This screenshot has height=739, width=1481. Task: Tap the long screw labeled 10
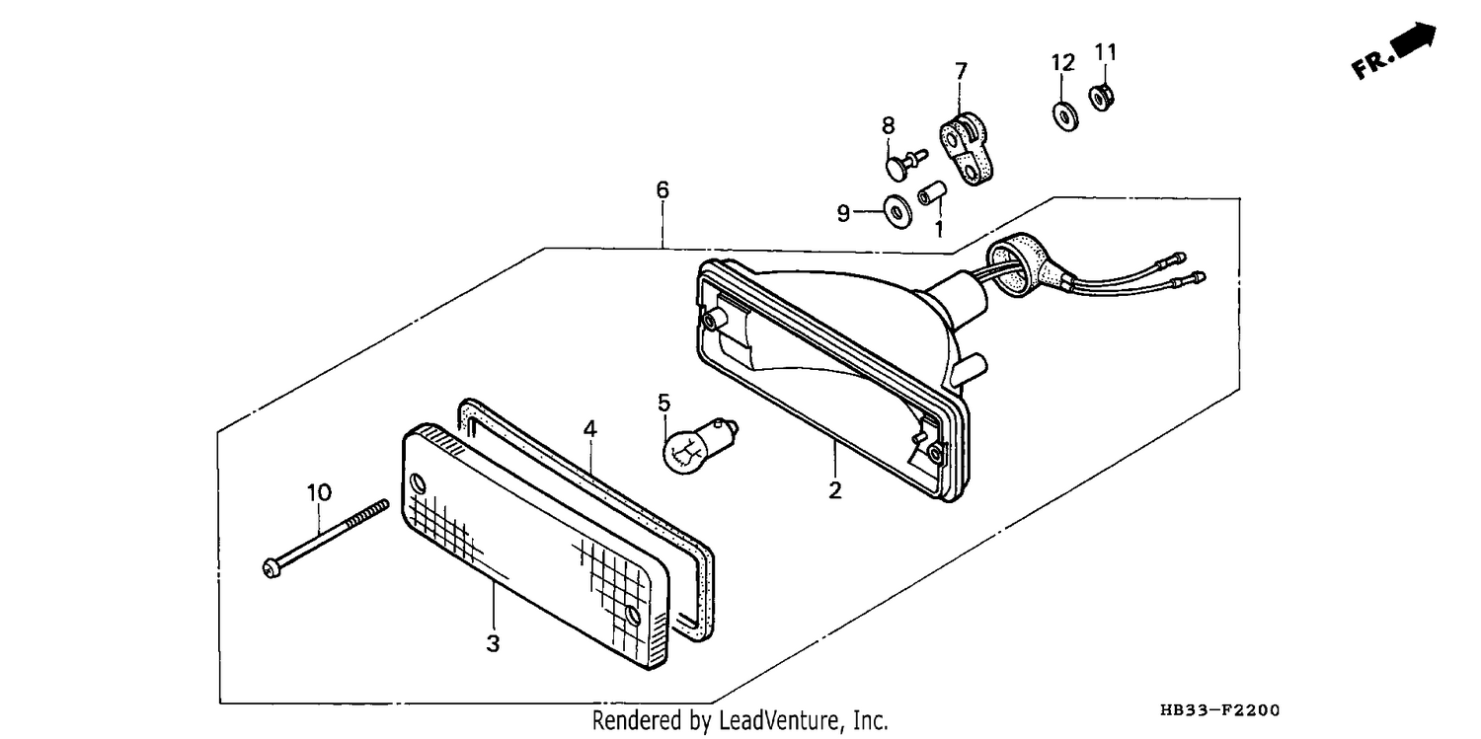(326, 539)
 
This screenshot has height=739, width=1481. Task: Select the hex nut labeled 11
(1102, 98)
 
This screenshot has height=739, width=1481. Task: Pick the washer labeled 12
(1065, 116)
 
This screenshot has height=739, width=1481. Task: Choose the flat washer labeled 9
(897, 211)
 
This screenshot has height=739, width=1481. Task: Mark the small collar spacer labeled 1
(932, 194)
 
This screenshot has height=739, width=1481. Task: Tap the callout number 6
(663, 190)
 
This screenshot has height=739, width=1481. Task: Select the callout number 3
(493, 643)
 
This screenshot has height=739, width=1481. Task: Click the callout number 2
(835, 490)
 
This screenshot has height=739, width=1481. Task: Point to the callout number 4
(589, 429)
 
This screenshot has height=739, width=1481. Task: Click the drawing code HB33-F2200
(1219, 710)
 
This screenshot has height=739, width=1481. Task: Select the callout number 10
(319, 492)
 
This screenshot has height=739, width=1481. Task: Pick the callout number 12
(1063, 63)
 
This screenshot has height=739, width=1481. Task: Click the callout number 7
(961, 71)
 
